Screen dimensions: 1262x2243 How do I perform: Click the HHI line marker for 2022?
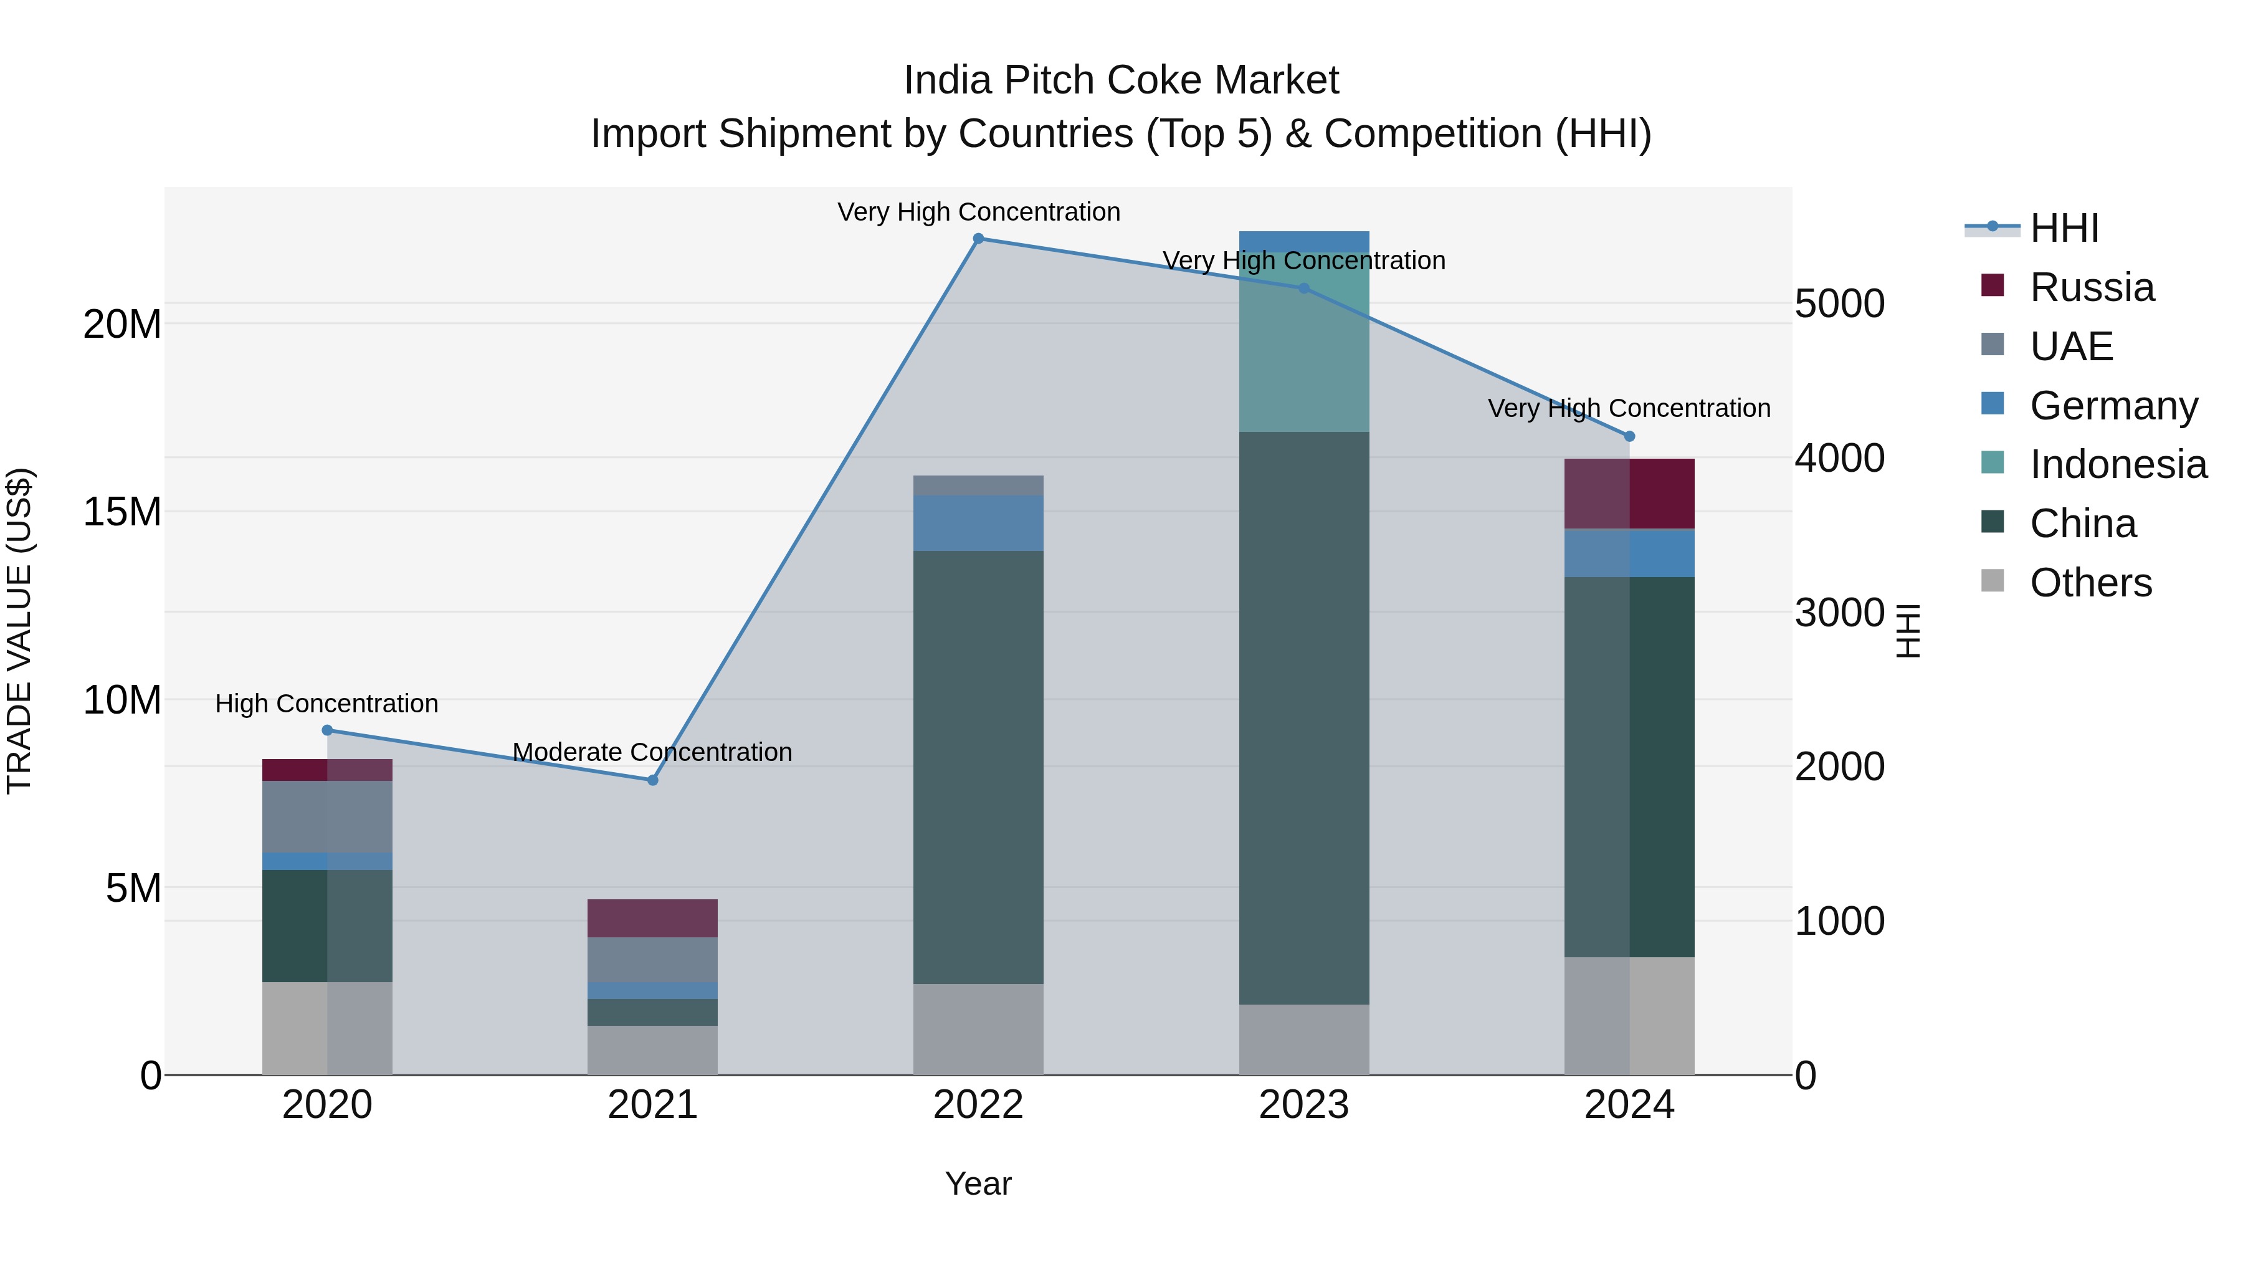click(x=978, y=239)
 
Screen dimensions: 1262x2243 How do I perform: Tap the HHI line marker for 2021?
click(x=652, y=780)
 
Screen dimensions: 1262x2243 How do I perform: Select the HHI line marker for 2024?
click(x=1629, y=436)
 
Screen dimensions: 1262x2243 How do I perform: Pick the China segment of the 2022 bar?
click(x=978, y=767)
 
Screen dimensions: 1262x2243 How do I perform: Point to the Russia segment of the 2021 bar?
click(x=652, y=918)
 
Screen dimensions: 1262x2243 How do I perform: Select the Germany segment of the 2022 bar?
click(x=978, y=523)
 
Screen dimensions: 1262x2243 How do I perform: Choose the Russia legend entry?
click(x=2092, y=287)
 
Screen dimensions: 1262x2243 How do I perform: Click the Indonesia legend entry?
click(x=2118, y=464)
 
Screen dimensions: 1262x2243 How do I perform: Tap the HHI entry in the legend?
click(x=2064, y=228)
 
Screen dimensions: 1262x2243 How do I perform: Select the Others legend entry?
click(x=2090, y=583)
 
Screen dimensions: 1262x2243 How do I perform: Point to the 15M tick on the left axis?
click(x=122, y=512)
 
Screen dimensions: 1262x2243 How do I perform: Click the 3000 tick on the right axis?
click(x=1839, y=613)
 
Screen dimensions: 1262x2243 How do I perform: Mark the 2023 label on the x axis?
click(x=1303, y=1105)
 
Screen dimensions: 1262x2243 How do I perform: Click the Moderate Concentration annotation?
click(x=652, y=752)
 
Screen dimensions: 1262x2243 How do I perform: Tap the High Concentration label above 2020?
click(x=326, y=703)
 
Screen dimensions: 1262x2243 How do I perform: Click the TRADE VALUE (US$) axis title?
click(x=20, y=631)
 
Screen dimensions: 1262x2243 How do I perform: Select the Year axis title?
click(x=978, y=1183)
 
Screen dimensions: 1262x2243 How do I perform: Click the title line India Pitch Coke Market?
click(x=1121, y=80)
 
